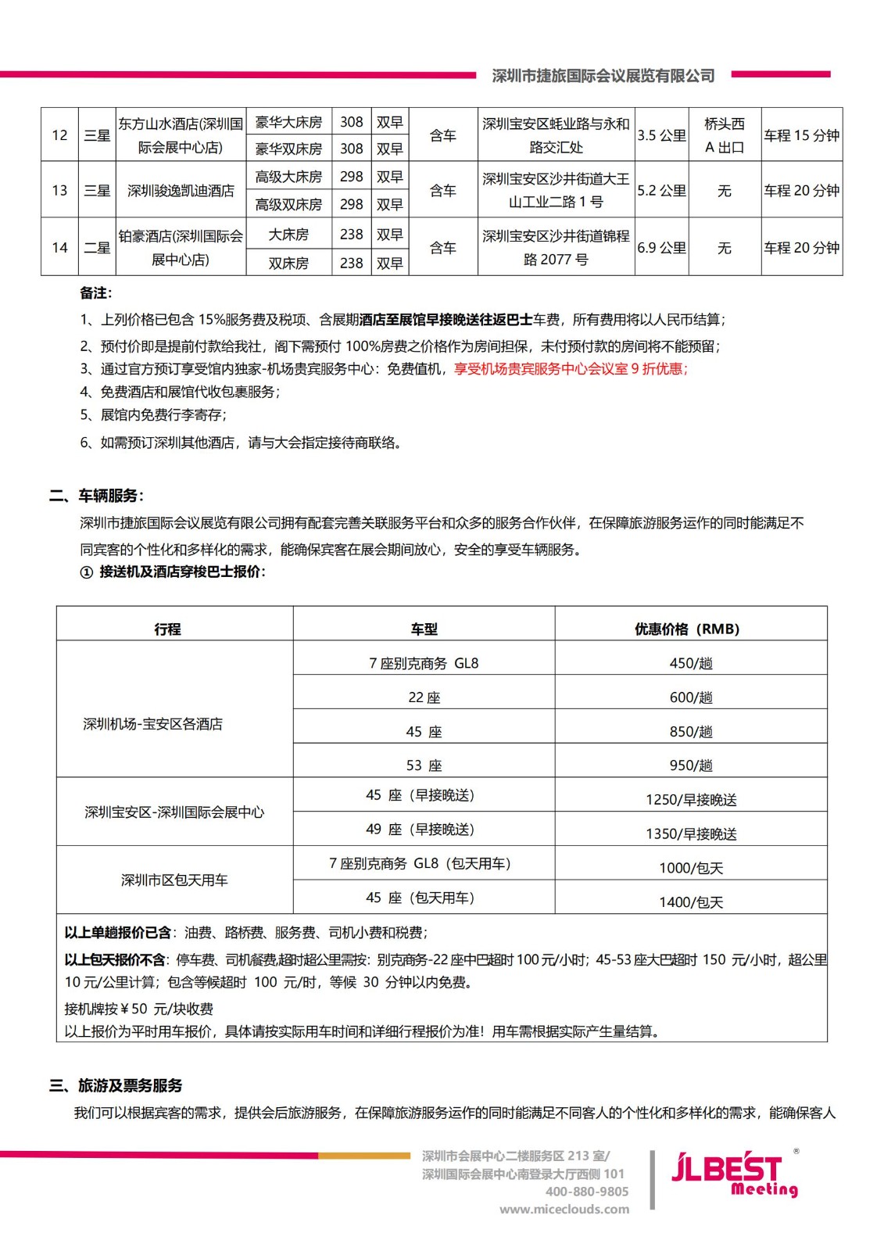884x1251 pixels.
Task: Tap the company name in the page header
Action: click(603, 76)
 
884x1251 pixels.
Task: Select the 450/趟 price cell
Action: click(691, 663)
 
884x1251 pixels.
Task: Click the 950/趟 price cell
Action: click(691, 765)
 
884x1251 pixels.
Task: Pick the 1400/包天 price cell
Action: click(691, 902)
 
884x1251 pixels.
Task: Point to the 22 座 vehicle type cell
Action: click(424, 697)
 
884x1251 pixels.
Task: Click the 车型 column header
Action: click(424, 629)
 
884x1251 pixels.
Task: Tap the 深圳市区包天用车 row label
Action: click(174, 880)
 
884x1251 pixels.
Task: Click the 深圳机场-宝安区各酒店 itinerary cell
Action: click(153, 724)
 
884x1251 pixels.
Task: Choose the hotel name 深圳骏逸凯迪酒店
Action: click(181, 190)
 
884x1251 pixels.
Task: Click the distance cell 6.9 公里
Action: click(661, 248)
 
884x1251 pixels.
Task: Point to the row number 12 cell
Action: click(59, 135)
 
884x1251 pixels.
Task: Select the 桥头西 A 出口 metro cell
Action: click(725, 135)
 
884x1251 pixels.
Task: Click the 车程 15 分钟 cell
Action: click(801, 135)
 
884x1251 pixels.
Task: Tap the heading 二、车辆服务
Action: click(96, 496)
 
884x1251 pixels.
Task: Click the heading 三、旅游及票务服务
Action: click(116, 1085)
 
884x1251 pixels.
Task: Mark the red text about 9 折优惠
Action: click(571, 369)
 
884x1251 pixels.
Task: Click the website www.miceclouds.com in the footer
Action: click(564, 1209)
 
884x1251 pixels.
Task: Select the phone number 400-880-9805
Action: click(586, 1192)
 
